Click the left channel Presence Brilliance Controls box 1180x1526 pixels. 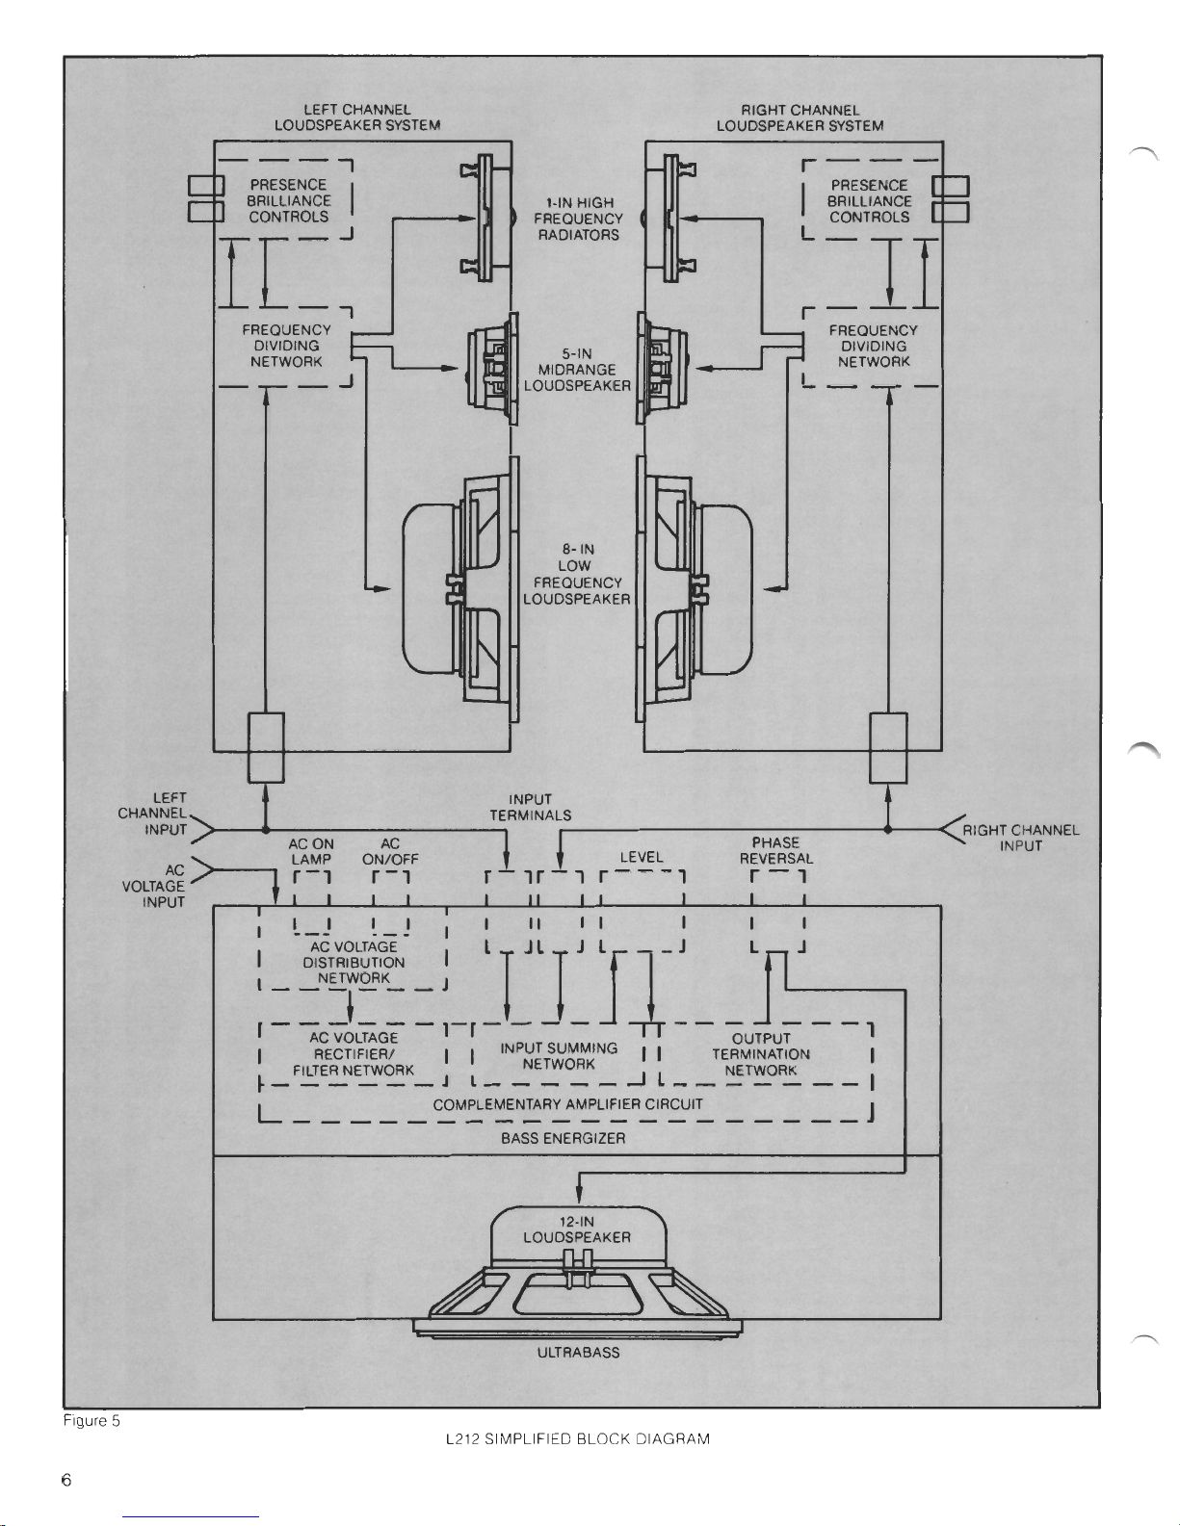click(x=287, y=200)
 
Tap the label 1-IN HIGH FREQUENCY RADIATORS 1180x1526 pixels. click(x=578, y=219)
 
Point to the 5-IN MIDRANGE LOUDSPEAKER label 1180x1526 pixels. click(x=577, y=370)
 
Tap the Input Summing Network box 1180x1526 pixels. click(x=559, y=1056)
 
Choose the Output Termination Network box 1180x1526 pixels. click(x=761, y=1054)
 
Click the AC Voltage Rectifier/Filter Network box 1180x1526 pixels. click(x=353, y=1054)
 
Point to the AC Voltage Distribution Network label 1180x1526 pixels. click(x=354, y=963)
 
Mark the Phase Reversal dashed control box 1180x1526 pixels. click(x=777, y=910)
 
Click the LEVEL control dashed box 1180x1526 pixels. click(x=642, y=910)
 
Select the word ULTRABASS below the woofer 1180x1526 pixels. click(x=578, y=1353)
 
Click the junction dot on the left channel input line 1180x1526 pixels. click(x=265, y=829)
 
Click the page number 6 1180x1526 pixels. click(x=66, y=1480)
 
